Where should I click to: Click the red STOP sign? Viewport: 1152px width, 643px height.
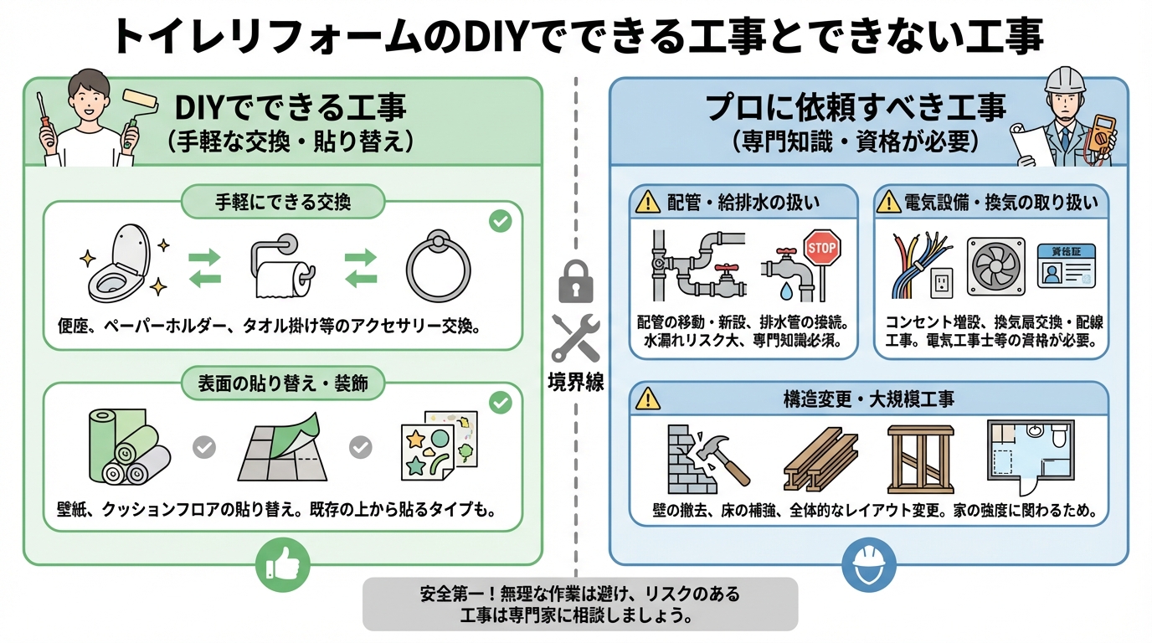(x=820, y=248)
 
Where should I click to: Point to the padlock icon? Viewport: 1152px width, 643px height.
(x=575, y=282)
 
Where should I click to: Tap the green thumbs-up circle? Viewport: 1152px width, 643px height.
(x=282, y=564)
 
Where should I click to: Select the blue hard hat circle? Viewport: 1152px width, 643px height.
(x=869, y=564)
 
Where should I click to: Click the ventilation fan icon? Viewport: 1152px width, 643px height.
(x=995, y=266)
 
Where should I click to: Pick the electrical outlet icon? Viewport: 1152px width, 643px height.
(x=943, y=283)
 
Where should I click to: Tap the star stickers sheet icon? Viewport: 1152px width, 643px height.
(x=438, y=445)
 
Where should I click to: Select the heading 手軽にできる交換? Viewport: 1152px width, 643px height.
(x=282, y=203)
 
